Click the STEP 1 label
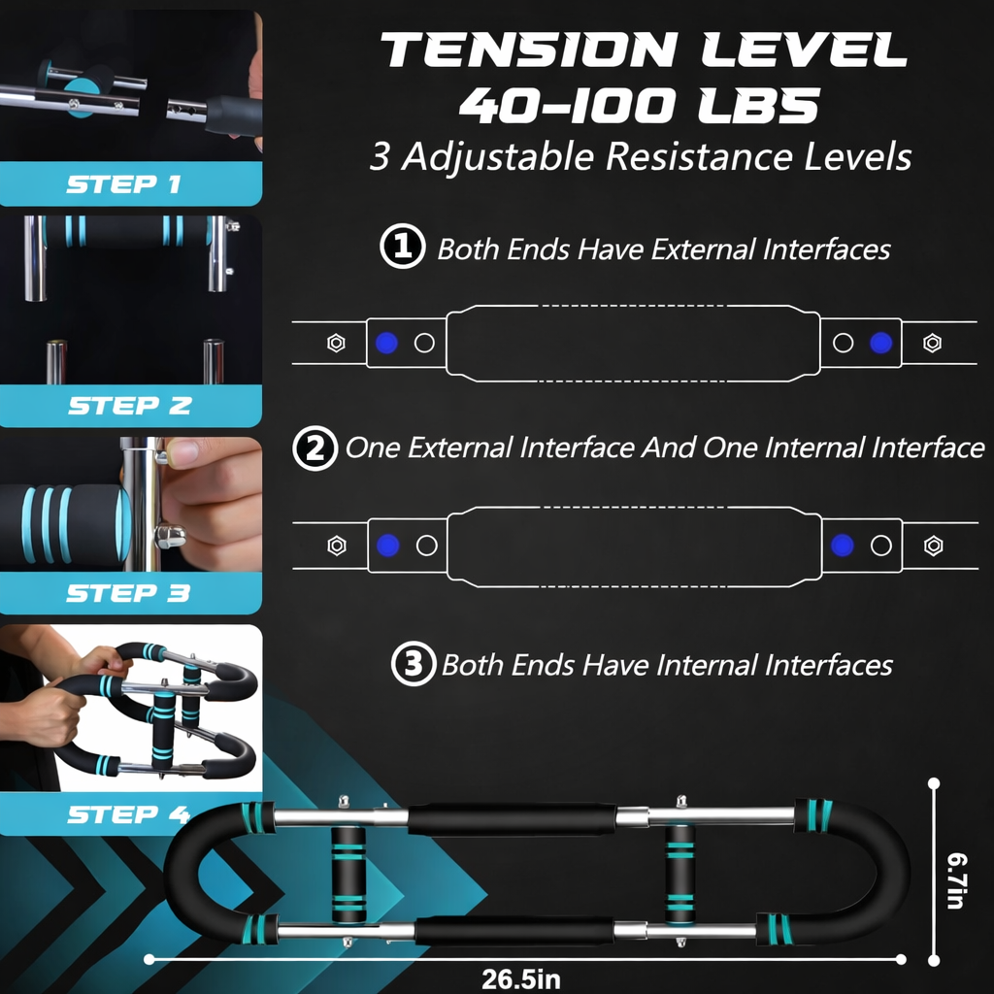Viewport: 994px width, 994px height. [124, 184]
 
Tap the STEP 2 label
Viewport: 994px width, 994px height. [130, 405]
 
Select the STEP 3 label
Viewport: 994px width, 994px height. [128, 593]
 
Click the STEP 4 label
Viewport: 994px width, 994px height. [129, 814]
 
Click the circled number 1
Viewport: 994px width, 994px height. [403, 246]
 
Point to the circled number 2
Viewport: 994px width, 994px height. [315, 448]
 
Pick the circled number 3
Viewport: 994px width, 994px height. [414, 664]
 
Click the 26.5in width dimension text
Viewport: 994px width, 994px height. [521, 978]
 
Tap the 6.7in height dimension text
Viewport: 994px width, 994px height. [956, 880]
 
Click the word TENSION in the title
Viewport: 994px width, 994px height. [529, 50]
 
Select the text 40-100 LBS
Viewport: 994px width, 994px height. [639, 105]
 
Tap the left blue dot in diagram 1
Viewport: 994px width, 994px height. [386, 343]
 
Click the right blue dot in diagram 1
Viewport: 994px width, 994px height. [881, 343]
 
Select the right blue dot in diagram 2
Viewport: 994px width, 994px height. [842, 546]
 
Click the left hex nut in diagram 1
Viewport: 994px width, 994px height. [336, 343]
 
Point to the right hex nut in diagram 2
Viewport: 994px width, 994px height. [933, 546]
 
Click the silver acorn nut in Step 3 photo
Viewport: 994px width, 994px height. [170, 536]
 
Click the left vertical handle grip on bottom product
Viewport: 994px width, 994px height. [348, 875]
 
